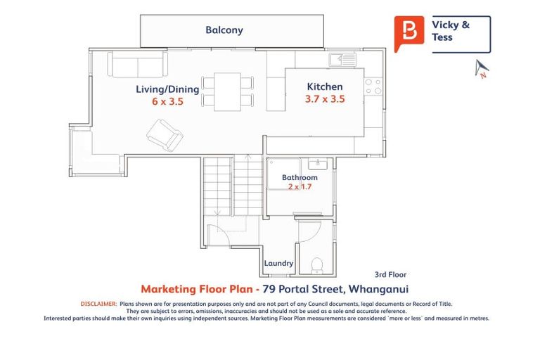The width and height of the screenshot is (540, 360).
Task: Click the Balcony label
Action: tap(224, 30)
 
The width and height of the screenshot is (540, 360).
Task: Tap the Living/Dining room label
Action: tap(167, 89)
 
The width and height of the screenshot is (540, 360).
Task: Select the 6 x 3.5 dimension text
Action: tap(167, 103)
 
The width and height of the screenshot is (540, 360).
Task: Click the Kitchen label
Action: tap(325, 86)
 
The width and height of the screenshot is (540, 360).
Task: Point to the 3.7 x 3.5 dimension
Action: tap(325, 100)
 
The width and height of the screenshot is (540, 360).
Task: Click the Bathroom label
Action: tap(300, 178)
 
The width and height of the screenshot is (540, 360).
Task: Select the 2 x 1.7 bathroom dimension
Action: tap(300, 187)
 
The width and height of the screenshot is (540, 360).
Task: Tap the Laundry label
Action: tap(278, 264)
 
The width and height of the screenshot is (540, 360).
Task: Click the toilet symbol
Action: tap(316, 264)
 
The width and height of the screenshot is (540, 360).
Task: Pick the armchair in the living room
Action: tap(165, 134)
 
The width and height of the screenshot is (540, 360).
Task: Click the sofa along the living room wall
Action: tap(137, 65)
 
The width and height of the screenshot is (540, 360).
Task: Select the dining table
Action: tap(227, 90)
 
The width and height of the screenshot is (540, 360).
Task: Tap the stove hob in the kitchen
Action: tap(373, 86)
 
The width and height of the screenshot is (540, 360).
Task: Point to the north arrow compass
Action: tap(482, 69)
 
